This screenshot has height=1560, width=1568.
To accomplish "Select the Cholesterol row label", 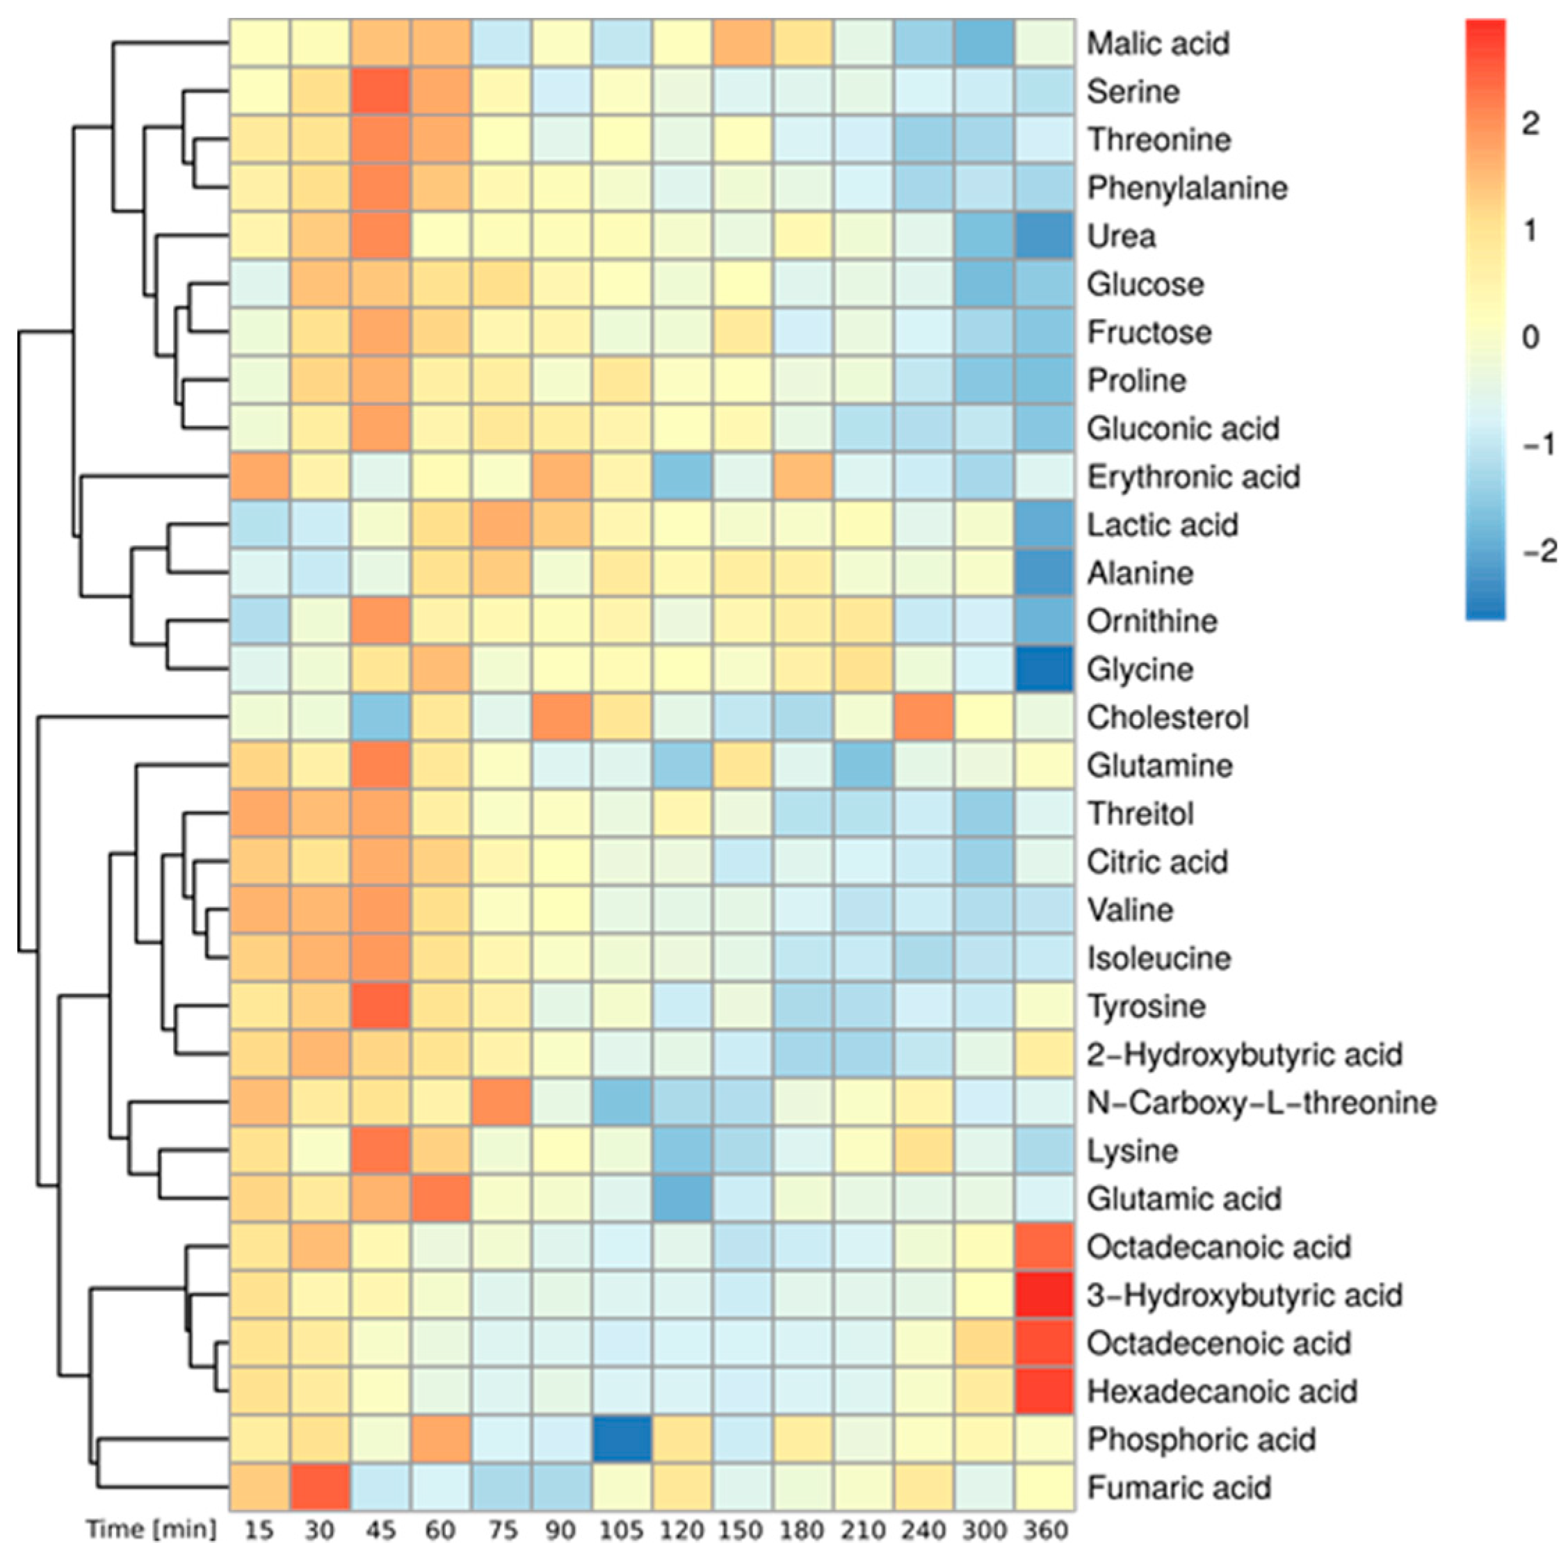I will (1167, 718).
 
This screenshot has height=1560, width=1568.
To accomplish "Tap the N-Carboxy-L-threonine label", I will (1261, 1103).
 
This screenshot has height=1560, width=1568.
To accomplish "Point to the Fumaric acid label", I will (1179, 1488).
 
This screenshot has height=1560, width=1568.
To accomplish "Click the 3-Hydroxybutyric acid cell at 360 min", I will (1044, 1296).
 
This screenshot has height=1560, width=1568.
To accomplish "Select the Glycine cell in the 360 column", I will (1044, 670).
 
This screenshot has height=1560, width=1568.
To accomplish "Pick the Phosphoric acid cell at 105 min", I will (622, 1440).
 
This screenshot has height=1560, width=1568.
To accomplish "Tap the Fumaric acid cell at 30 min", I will (320, 1488).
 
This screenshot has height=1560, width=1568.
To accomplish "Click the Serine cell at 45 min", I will (380, 92).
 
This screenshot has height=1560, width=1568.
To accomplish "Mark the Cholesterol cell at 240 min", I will (923, 718).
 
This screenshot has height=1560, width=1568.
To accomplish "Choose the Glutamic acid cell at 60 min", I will (441, 1199).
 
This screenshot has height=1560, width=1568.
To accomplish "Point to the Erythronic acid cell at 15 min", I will (259, 477).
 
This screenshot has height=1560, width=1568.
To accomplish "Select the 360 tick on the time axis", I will (1044, 1531).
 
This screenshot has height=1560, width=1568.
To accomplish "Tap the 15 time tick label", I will (259, 1531).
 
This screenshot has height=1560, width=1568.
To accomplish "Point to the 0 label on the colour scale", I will (1530, 336).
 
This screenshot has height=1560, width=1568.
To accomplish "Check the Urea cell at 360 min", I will (1044, 236).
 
